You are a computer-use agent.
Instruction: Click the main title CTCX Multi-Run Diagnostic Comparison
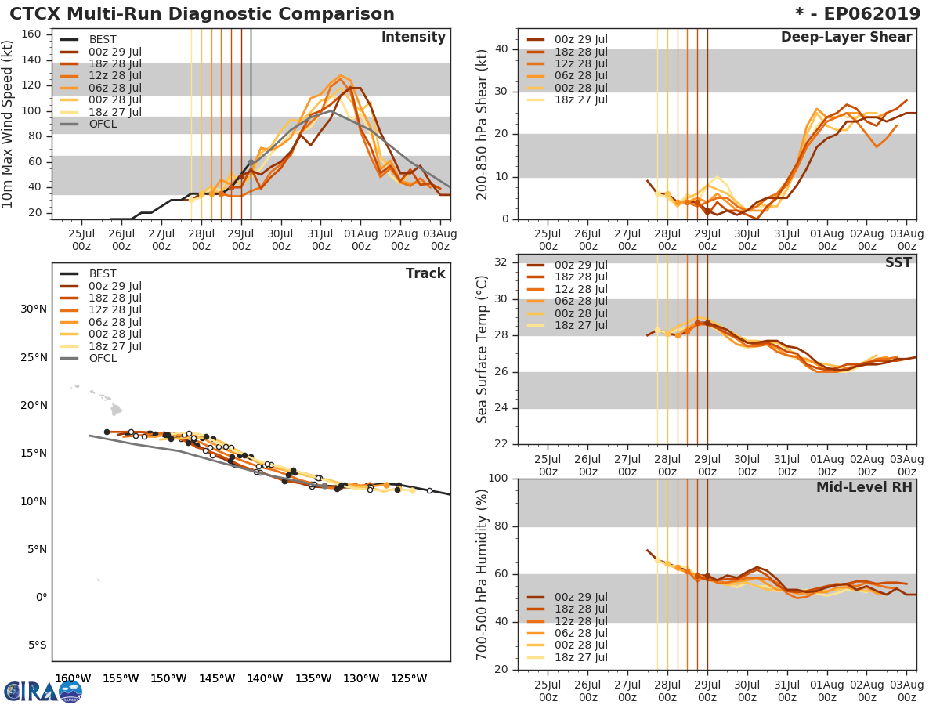202,14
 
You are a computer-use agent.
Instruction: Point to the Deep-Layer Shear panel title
846,38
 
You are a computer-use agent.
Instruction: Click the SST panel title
898,262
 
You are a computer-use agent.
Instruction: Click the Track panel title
425,273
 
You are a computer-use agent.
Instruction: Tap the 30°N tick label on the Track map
34,309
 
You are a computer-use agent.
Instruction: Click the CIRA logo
43,691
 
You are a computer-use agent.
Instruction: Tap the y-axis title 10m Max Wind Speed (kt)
9,125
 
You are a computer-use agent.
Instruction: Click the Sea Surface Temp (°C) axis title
483,349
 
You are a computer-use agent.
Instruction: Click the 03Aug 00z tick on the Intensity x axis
440,239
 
